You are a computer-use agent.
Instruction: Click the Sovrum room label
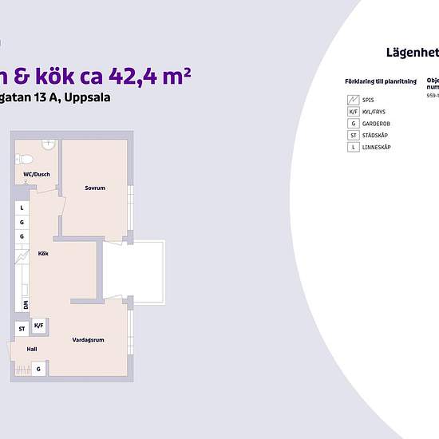point(96,188)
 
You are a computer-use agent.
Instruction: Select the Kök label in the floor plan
point(43,254)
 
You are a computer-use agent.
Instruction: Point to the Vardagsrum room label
point(89,339)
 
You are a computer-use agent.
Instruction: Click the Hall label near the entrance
point(32,349)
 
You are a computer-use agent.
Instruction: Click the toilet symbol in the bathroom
point(25,157)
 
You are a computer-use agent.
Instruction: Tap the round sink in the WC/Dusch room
point(48,144)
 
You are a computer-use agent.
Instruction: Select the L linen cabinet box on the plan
point(22,208)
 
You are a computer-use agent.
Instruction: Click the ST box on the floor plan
point(22,328)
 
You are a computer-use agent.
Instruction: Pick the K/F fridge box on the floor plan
point(39,326)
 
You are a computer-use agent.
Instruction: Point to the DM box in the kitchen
point(26,305)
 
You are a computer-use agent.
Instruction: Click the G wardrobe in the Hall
point(38,369)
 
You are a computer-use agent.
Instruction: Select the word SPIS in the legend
point(368,101)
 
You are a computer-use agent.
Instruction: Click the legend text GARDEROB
point(375,124)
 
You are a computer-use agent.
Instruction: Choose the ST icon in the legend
point(352,136)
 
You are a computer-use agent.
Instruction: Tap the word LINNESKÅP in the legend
point(376,148)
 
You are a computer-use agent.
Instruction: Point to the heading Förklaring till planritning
point(374,81)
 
